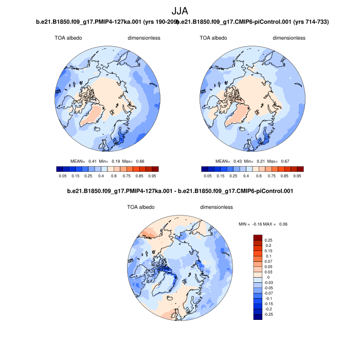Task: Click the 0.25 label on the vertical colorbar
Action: click(x=268, y=240)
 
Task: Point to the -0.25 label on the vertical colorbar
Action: click(x=269, y=314)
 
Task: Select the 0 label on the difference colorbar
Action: click(x=266, y=277)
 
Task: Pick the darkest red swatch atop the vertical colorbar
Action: click(x=258, y=239)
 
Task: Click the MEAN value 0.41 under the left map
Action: click(x=93, y=161)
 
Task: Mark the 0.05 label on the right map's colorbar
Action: click(x=208, y=176)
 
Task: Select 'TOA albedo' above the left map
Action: click(x=68, y=38)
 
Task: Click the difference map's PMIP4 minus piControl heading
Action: click(x=180, y=191)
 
